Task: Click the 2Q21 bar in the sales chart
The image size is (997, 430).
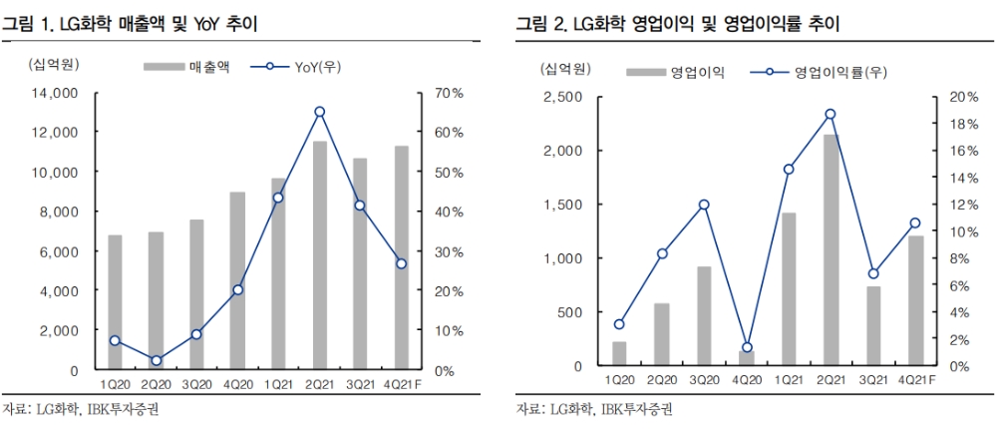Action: point(320,255)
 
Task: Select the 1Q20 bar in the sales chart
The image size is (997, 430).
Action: point(115,302)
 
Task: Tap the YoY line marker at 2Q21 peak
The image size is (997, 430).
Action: point(320,112)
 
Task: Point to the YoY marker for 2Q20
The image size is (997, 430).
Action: point(156,360)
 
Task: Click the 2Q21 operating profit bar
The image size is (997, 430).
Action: point(830,250)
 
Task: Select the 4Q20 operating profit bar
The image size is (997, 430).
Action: point(747,358)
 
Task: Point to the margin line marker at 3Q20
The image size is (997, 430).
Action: point(704,205)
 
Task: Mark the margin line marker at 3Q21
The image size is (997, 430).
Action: point(873,273)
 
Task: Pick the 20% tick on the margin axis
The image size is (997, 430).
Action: point(952,97)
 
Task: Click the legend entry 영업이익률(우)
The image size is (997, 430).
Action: point(826,72)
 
